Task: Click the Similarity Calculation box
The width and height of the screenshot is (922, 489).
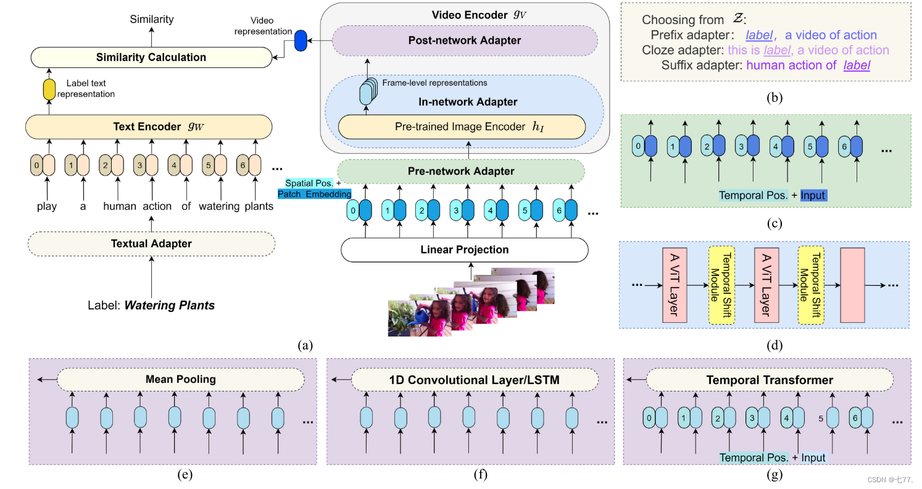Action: click(x=151, y=57)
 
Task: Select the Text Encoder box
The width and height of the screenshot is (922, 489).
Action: click(x=149, y=127)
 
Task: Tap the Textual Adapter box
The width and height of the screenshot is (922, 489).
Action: click(x=151, y=244)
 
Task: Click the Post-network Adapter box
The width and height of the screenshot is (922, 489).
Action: click(x=465, y=41)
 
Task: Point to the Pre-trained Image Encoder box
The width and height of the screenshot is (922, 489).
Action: click(x=461, y=127)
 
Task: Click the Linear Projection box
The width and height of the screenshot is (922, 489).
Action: click(x=464, y=249)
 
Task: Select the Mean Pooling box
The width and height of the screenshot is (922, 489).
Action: click(x=181, y=379)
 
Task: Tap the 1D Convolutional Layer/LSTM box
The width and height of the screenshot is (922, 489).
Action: click(x=475, y=379)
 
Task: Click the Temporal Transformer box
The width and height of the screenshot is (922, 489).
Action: click(x=770, y=379)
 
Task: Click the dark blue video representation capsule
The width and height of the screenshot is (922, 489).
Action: click(x=301, y=41)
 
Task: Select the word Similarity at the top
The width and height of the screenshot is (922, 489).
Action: click(x=151, y=20)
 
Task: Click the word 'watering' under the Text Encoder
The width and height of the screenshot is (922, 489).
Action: click(x=217, y=206)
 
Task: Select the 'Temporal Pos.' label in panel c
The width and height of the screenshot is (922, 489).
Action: click(x=752, y=195)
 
